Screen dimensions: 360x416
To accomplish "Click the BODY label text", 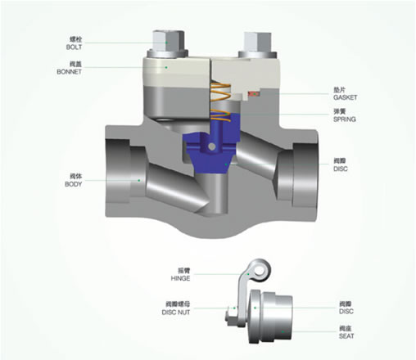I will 74,184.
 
